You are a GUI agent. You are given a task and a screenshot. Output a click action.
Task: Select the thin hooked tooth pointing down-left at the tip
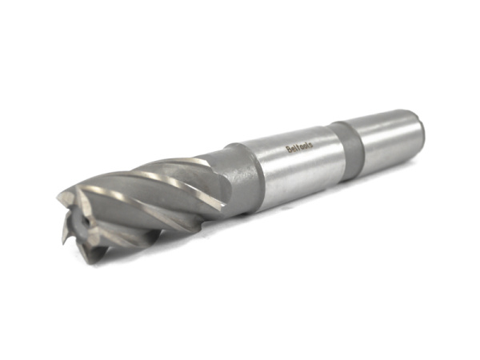69,237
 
